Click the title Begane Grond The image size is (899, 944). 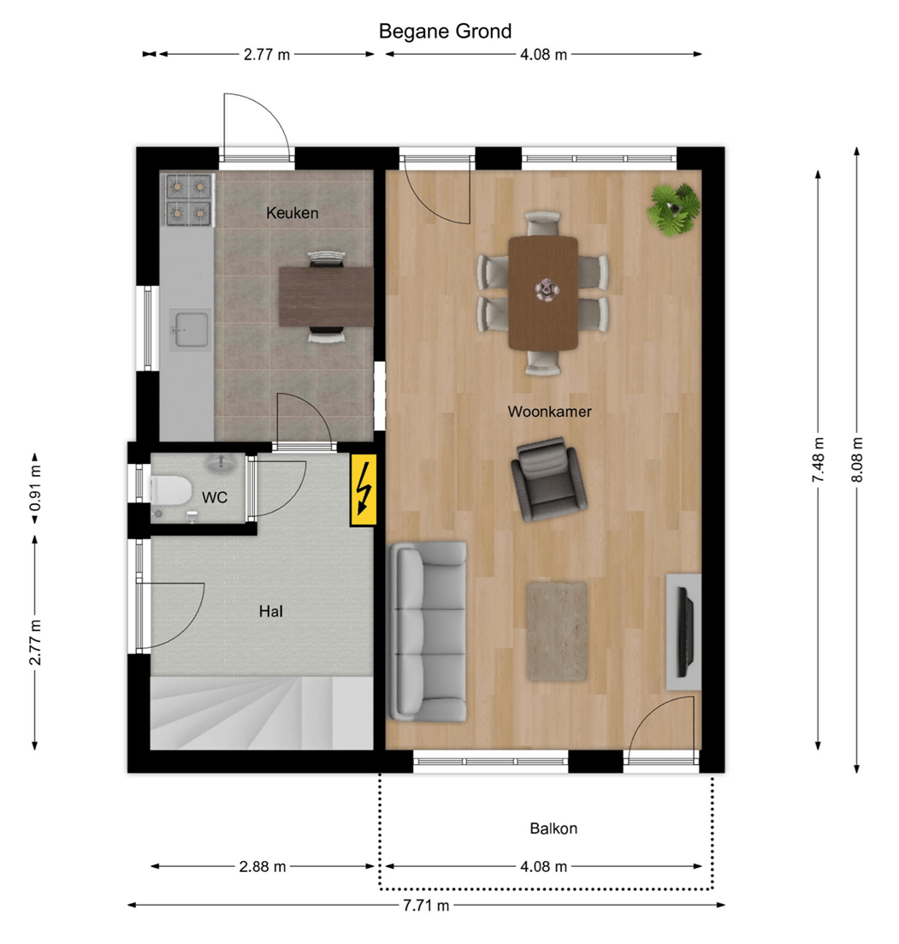[x=445, y=32]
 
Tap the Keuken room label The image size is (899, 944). [x=292, y=213]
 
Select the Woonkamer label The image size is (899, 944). [x=549, y=412]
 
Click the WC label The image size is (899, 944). [x=214, y=497]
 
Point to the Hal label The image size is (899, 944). [x=271, y=611]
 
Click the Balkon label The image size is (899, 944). [x=553, y=828]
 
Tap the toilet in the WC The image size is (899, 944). [x=170, y=490]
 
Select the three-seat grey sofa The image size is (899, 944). [x=429, y=631]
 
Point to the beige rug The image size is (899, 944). [x=556, y=631]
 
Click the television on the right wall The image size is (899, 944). [x=685, y=632]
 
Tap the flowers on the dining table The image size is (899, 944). [x=544, y=290]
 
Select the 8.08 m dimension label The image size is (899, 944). [x=857, y=460]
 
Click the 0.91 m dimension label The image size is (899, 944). [x=35, y=494]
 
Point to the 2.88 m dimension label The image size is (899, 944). [x=263, y=867]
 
